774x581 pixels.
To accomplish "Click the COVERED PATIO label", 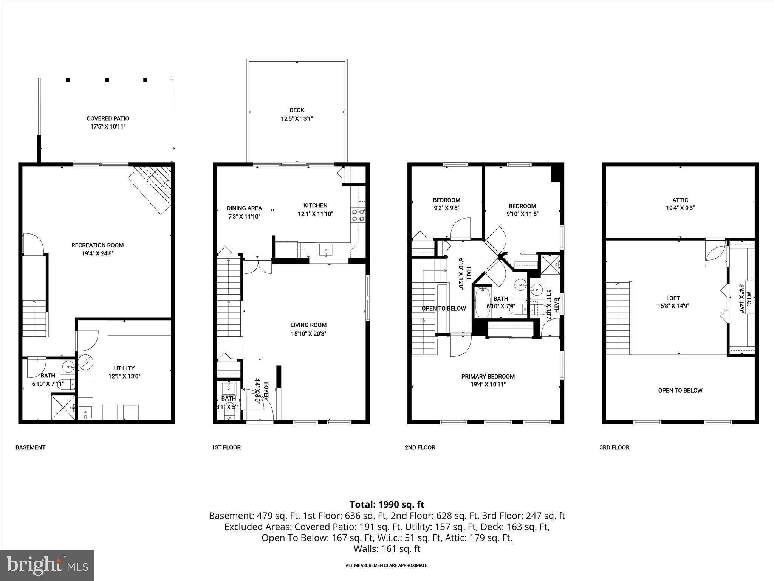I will coord(108,118).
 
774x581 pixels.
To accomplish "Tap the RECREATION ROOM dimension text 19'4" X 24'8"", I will coord(98,253).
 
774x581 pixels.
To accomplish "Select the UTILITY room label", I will coord(124,368).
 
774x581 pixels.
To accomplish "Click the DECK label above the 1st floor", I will coord(297,110).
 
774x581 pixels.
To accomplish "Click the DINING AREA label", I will coord(244,208).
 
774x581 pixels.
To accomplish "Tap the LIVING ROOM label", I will coord(308,325).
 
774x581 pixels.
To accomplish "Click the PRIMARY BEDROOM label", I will coord(488,376).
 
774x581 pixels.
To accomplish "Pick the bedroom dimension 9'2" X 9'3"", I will coord(446,208).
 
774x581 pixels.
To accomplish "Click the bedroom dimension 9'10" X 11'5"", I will coord(522,214).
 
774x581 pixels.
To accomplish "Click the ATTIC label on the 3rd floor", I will coord(680,200).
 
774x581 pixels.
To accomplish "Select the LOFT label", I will coord(673,298).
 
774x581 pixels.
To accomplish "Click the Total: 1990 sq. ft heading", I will coord(387,505).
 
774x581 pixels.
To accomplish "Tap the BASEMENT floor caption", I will coord(30,447).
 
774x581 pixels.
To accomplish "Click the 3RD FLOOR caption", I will coord(614,447).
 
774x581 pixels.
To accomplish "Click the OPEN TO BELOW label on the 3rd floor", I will coord(680,390).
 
